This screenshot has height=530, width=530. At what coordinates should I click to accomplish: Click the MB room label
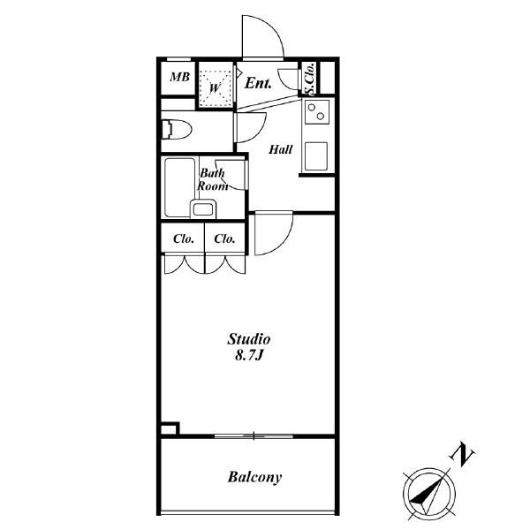click(x=179, y=78)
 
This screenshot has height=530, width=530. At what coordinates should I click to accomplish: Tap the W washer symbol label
click(x=215, y=88)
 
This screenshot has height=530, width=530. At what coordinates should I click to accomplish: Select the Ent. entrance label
click(x=258, y=83)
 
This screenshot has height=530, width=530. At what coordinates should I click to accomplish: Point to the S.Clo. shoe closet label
click(x=310, y=79)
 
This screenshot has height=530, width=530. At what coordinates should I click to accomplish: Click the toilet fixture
click(x=176, y=130)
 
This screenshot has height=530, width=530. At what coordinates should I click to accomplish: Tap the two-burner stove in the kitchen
click(x=317, y=112)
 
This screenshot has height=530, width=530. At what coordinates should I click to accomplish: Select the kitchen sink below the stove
click(x=316, y=156)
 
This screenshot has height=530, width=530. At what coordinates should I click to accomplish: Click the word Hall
click(x=281, y=149)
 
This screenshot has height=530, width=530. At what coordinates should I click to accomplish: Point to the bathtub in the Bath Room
click(x=180, y=187)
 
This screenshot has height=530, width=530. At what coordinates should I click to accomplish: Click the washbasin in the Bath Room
click(x=203, y=209)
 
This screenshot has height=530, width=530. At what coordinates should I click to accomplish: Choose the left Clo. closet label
click(x=184, y=239)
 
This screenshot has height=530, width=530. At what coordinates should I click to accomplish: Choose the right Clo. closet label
click(x=224, y=239)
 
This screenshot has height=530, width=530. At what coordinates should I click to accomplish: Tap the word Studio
click(x=249, y=339)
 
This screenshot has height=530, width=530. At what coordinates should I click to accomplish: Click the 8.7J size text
click(x=249, y=356)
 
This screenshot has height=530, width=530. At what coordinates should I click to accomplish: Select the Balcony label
click(x=254, y=477)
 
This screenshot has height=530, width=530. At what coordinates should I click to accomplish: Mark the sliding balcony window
click(x=254, y=436)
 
